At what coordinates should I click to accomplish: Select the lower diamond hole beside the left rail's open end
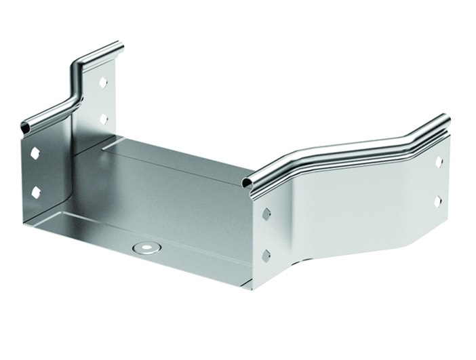point(35,193)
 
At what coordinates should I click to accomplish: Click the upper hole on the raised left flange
point(103,82)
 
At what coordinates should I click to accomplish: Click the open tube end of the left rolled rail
point(26,127)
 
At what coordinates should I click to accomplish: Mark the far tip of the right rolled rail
point(444,120)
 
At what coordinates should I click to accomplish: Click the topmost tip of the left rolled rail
point(119,45)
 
